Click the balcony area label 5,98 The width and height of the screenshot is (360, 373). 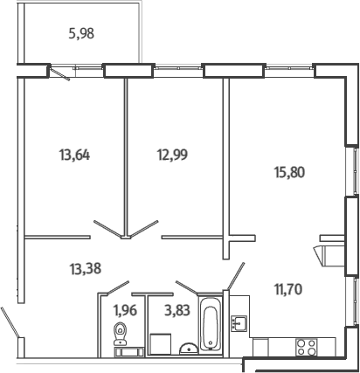pos(81,34)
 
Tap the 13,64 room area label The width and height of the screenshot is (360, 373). pos(74,155)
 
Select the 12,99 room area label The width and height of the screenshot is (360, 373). pos(172,155)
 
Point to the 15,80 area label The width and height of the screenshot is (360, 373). pos(289,172)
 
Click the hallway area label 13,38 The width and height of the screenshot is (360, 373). pos(86,268)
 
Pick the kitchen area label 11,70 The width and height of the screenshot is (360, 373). pos(288,289)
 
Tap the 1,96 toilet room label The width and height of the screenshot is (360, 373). pos(125,310)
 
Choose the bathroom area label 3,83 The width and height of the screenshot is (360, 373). pos(177,310)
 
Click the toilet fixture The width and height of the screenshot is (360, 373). pos(120,334)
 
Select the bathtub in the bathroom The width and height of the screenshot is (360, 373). pos(211,323)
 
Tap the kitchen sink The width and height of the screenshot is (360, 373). pos(239,323)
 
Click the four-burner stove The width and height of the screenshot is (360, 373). pos(307,348)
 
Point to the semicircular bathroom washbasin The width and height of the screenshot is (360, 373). pos(189,349)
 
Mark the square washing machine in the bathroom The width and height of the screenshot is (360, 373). pos(160,344)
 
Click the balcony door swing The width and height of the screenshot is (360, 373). pos(60,73)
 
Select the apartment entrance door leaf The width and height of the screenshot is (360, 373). pos(10,322)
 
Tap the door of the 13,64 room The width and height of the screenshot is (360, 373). pos(107,229)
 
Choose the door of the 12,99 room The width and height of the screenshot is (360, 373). pos(144,229)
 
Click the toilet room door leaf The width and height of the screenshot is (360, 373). pos(118,287)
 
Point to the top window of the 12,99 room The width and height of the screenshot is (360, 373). pos(178,67)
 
